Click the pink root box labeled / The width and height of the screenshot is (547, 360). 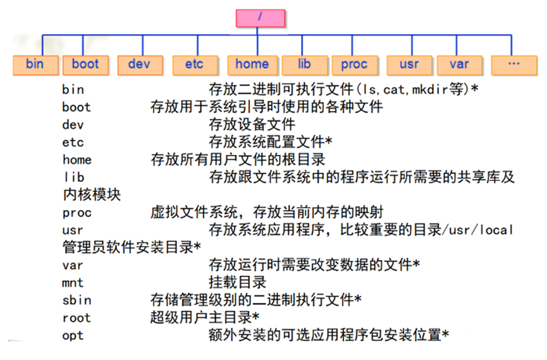[260, 17]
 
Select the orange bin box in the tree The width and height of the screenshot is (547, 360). [35, 64]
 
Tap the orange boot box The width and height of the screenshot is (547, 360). [85, 64]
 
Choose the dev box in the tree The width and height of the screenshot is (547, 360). [139, 64]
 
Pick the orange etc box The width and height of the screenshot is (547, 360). [194, 65]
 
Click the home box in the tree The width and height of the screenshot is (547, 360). [252, 64]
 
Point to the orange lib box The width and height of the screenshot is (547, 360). [305, 64]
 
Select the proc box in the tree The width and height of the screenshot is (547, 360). [354, 65]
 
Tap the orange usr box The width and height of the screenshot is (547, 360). [409, 65]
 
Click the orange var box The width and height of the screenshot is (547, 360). [459, 65]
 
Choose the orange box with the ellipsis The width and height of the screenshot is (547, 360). [513, 65]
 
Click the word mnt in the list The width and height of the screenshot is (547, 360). [73, 283]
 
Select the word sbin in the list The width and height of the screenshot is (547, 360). [76, 301]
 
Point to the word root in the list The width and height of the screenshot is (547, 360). [76, 318]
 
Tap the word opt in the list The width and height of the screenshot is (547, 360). [73, 335]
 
